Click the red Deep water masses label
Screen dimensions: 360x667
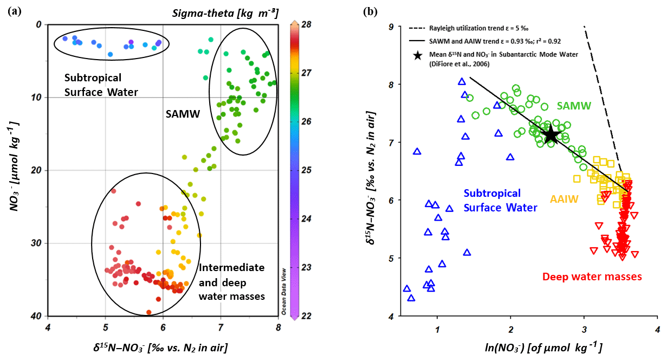[592, 277]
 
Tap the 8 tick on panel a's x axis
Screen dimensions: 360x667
[278, 327]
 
